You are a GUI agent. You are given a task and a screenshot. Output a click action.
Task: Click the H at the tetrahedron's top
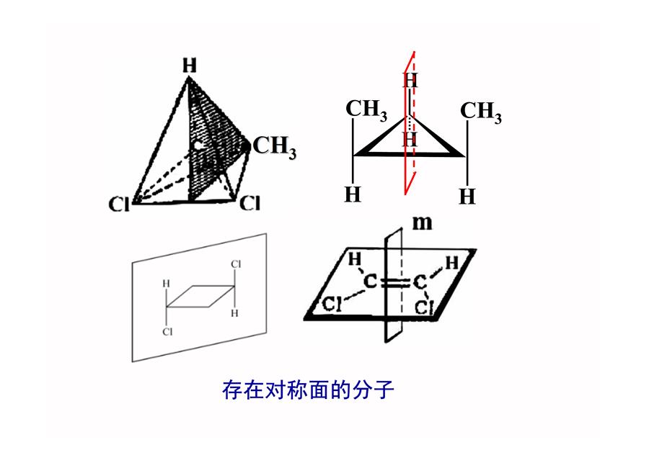(x=190, y=66)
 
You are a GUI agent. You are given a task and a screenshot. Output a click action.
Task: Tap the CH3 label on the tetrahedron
(x=275, y=147)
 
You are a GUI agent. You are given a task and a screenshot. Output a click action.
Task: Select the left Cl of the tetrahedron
(x=119, y=205)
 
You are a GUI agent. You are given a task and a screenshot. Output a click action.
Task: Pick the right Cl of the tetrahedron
(x=250, y=203)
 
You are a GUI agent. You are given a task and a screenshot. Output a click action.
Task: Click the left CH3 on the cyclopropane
(x=366, y=110)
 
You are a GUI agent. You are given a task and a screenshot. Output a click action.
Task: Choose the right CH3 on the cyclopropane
(x=481, y=112)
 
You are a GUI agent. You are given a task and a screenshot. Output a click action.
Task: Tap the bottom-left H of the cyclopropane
(x=353, y=194)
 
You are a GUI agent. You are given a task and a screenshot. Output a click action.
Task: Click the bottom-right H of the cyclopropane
(x=467, y=197)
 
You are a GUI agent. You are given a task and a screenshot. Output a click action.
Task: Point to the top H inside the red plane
(x=410, y=80)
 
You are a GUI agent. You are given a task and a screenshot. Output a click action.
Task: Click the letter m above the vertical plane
(x=422, y=223)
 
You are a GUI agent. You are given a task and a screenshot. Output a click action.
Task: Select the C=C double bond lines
(x=394, y=283)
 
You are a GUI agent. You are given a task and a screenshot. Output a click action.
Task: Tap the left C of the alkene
(x=371, y=282)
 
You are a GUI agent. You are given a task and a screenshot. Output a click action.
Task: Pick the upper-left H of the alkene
(x=354, y=259)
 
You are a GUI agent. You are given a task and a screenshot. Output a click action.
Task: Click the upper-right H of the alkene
(x=451, y=262)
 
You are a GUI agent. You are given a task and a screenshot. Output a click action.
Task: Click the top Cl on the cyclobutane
(x=236, y=264)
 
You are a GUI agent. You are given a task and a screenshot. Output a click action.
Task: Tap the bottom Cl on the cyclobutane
(x=167, y=331)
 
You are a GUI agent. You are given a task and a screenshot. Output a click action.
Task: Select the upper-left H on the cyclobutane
(x=167, y=284)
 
